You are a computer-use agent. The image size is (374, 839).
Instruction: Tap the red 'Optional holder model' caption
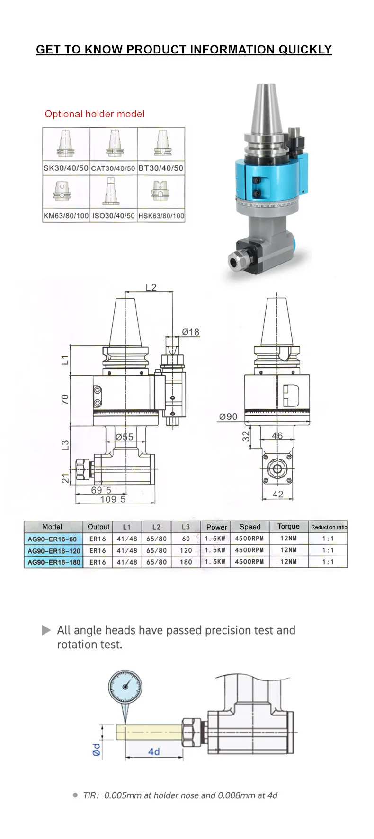(x=94, y=114)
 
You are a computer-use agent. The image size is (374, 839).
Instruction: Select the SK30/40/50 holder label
(x=66, y=168)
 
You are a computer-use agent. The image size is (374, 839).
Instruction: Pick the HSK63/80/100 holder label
(x=161, y=216)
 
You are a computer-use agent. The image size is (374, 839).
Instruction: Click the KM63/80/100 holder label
(x=66, y=216)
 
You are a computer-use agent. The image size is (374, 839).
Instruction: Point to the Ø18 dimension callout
(x=190, y=332)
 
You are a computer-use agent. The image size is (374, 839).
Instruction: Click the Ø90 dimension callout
(x=228, y=416)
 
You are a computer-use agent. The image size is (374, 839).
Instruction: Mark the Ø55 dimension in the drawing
(x=125, y=437)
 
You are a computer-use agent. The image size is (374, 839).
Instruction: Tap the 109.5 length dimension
(x=113, y=499)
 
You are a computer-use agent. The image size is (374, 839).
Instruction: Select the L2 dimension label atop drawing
(x=151, y=287)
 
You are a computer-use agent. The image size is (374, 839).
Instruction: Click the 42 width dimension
(x=278, y=494)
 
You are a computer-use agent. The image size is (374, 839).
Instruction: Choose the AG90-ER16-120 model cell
(x=53, y=551)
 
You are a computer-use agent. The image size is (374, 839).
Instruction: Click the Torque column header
(x=288, y=526)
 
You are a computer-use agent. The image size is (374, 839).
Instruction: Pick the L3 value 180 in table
(x=186, y=562)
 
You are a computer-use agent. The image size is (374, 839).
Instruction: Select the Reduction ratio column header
(x=329, y=527)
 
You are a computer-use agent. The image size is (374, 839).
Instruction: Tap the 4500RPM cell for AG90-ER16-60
(x=249, y=539)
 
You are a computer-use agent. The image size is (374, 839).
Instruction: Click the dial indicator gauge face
(x=125, y=687)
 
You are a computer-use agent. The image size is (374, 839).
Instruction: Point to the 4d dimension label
(x=154, y=751)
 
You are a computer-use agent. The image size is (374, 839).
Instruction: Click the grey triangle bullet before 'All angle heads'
(x=46, y=630)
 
